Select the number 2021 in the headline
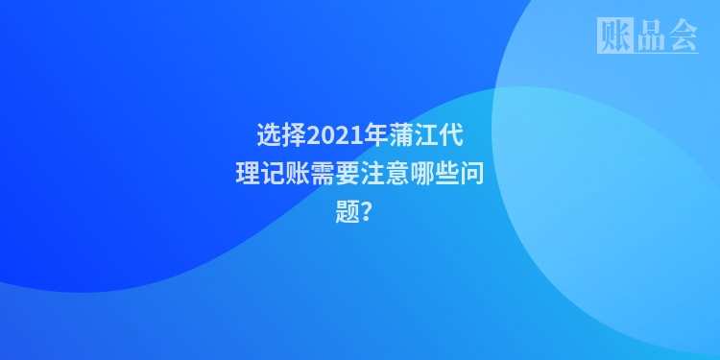331,133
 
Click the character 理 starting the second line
248,174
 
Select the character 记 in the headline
273,174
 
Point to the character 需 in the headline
323,174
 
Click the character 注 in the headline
372,174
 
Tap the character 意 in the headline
397,174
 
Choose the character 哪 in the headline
422,174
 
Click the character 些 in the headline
447,174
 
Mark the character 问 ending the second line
472,174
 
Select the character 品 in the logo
648,36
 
